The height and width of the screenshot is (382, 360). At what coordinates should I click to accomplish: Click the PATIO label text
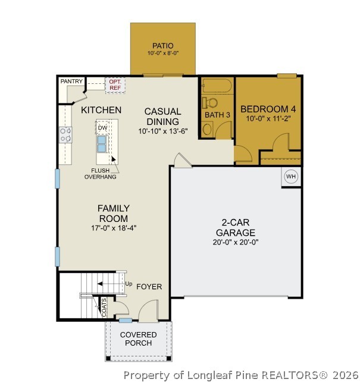[162, 45]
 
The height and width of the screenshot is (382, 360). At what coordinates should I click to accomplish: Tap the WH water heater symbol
[291, 176]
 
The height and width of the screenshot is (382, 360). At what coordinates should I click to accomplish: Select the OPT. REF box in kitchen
[114, 85]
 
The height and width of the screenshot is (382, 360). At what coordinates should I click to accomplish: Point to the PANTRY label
[71, 81]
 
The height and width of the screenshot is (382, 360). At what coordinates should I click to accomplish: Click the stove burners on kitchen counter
[65, 135]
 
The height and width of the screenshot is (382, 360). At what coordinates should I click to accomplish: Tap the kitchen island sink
[102, 143]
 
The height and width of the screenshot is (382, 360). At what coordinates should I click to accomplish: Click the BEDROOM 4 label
[268, 109]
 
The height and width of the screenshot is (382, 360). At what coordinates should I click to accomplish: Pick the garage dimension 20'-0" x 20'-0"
[236, 242]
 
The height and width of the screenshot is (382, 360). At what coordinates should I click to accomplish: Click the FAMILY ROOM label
[114, 213]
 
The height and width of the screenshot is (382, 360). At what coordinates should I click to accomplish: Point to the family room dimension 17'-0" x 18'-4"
[114, 228]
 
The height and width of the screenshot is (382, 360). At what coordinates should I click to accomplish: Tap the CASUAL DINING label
[163, 116]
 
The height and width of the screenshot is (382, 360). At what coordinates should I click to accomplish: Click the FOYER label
[149, 287]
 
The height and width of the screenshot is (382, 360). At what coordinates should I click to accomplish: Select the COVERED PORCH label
[139, 339]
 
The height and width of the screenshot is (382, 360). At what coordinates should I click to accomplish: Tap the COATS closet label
[104, 306]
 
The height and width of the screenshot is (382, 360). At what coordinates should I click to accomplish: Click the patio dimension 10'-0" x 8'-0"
[162, 54]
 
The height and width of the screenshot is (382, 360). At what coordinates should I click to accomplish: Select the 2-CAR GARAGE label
[236, 227]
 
